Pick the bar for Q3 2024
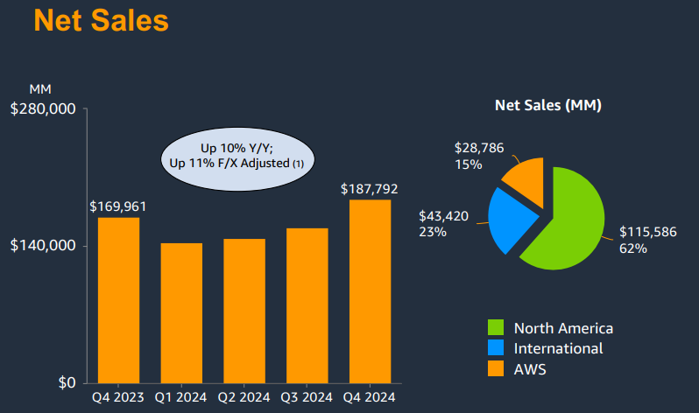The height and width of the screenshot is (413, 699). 307,305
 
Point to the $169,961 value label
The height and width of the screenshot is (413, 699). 118,206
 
